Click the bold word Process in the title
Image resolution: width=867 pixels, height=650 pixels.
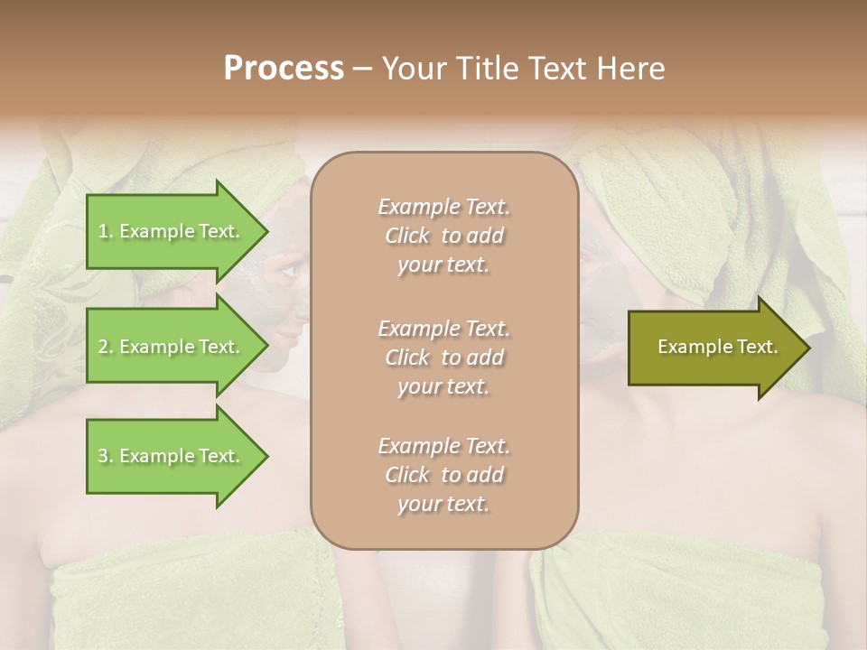tap(284, 68)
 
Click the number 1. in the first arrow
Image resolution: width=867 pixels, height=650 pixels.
tap(106, 231)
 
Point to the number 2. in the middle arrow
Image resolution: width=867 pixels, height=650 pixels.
tap(106, 347)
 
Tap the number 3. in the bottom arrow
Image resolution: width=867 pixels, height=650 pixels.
tap(106, 456)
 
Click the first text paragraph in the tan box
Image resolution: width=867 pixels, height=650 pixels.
tap(443, 236)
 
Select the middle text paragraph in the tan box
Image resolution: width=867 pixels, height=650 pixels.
tap(443, 357)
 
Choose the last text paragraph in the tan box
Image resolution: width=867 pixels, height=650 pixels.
tap(443, 475)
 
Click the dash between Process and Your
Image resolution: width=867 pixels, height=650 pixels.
tap(362, 69)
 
